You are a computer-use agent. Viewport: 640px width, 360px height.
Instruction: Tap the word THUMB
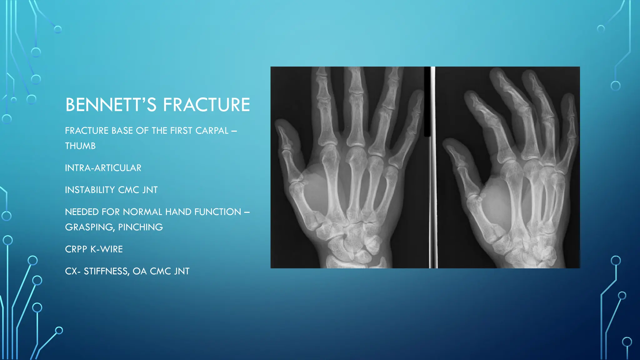(80, 146)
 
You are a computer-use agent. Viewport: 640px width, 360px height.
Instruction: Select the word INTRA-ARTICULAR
(103, 168)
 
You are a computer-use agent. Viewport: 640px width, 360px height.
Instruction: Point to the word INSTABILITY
(90, 190)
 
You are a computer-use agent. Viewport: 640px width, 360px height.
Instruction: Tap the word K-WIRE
(107, 249)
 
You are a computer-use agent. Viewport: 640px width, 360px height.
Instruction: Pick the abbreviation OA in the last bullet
(139, 271)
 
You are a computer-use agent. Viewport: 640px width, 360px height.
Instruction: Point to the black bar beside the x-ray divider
(427, 103)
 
